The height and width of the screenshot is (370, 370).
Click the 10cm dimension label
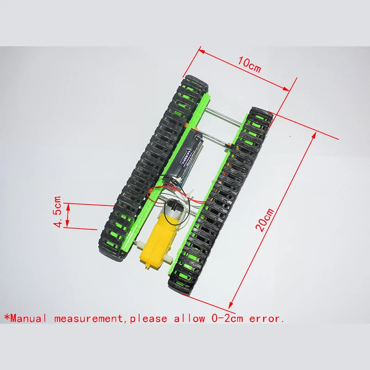click(249, 64)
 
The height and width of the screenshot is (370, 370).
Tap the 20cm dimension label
click(265, 220)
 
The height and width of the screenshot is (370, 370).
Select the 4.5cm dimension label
click(58, 212)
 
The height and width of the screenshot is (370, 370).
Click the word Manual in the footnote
click(28, 319)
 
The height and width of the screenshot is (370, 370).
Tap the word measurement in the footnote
click(88, 319)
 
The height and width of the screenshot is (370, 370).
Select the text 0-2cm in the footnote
click(227, 319)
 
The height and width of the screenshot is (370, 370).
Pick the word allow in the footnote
click(189, 319)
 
